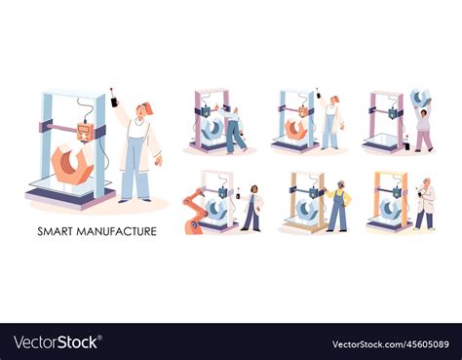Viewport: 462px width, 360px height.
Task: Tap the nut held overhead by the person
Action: point(420,97)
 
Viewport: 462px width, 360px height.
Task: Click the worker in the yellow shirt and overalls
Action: point(339,205)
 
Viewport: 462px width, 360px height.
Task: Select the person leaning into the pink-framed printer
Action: point(235,129)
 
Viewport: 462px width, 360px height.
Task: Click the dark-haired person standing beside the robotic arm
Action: point(252,206)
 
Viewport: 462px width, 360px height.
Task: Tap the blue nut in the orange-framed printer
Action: point(390,209)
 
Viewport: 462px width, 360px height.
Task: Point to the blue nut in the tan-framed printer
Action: point(306,209)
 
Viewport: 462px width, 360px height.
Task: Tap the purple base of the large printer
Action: point(68,198)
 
